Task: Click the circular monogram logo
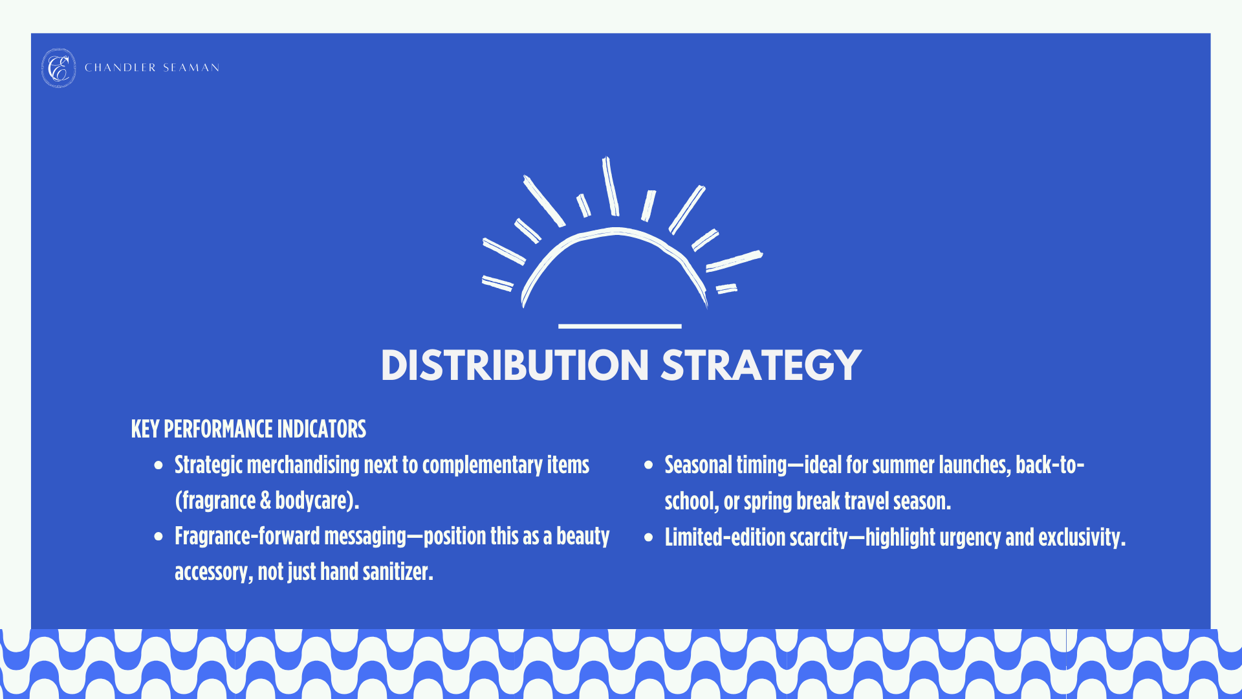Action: click(x=58, y=68)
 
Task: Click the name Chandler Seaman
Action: click(x=152, y=68)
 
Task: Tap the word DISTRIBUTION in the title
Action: click(x=515, y=366)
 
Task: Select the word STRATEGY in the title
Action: click(x=761, y=366)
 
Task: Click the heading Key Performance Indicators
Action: click(x=248, y=429)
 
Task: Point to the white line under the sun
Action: click(x=620, y=326)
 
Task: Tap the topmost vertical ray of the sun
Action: click(x=611, y=186)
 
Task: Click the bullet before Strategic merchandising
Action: click(x=158, y=465)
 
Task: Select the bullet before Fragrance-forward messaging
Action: click(x=158, y=536)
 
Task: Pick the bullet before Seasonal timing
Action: click(x=649, y=465)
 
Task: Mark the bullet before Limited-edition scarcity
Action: click(x=649, y=537)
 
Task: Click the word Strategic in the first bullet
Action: click(x=208, y=465)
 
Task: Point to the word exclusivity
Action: click(x=1081, y=538)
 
